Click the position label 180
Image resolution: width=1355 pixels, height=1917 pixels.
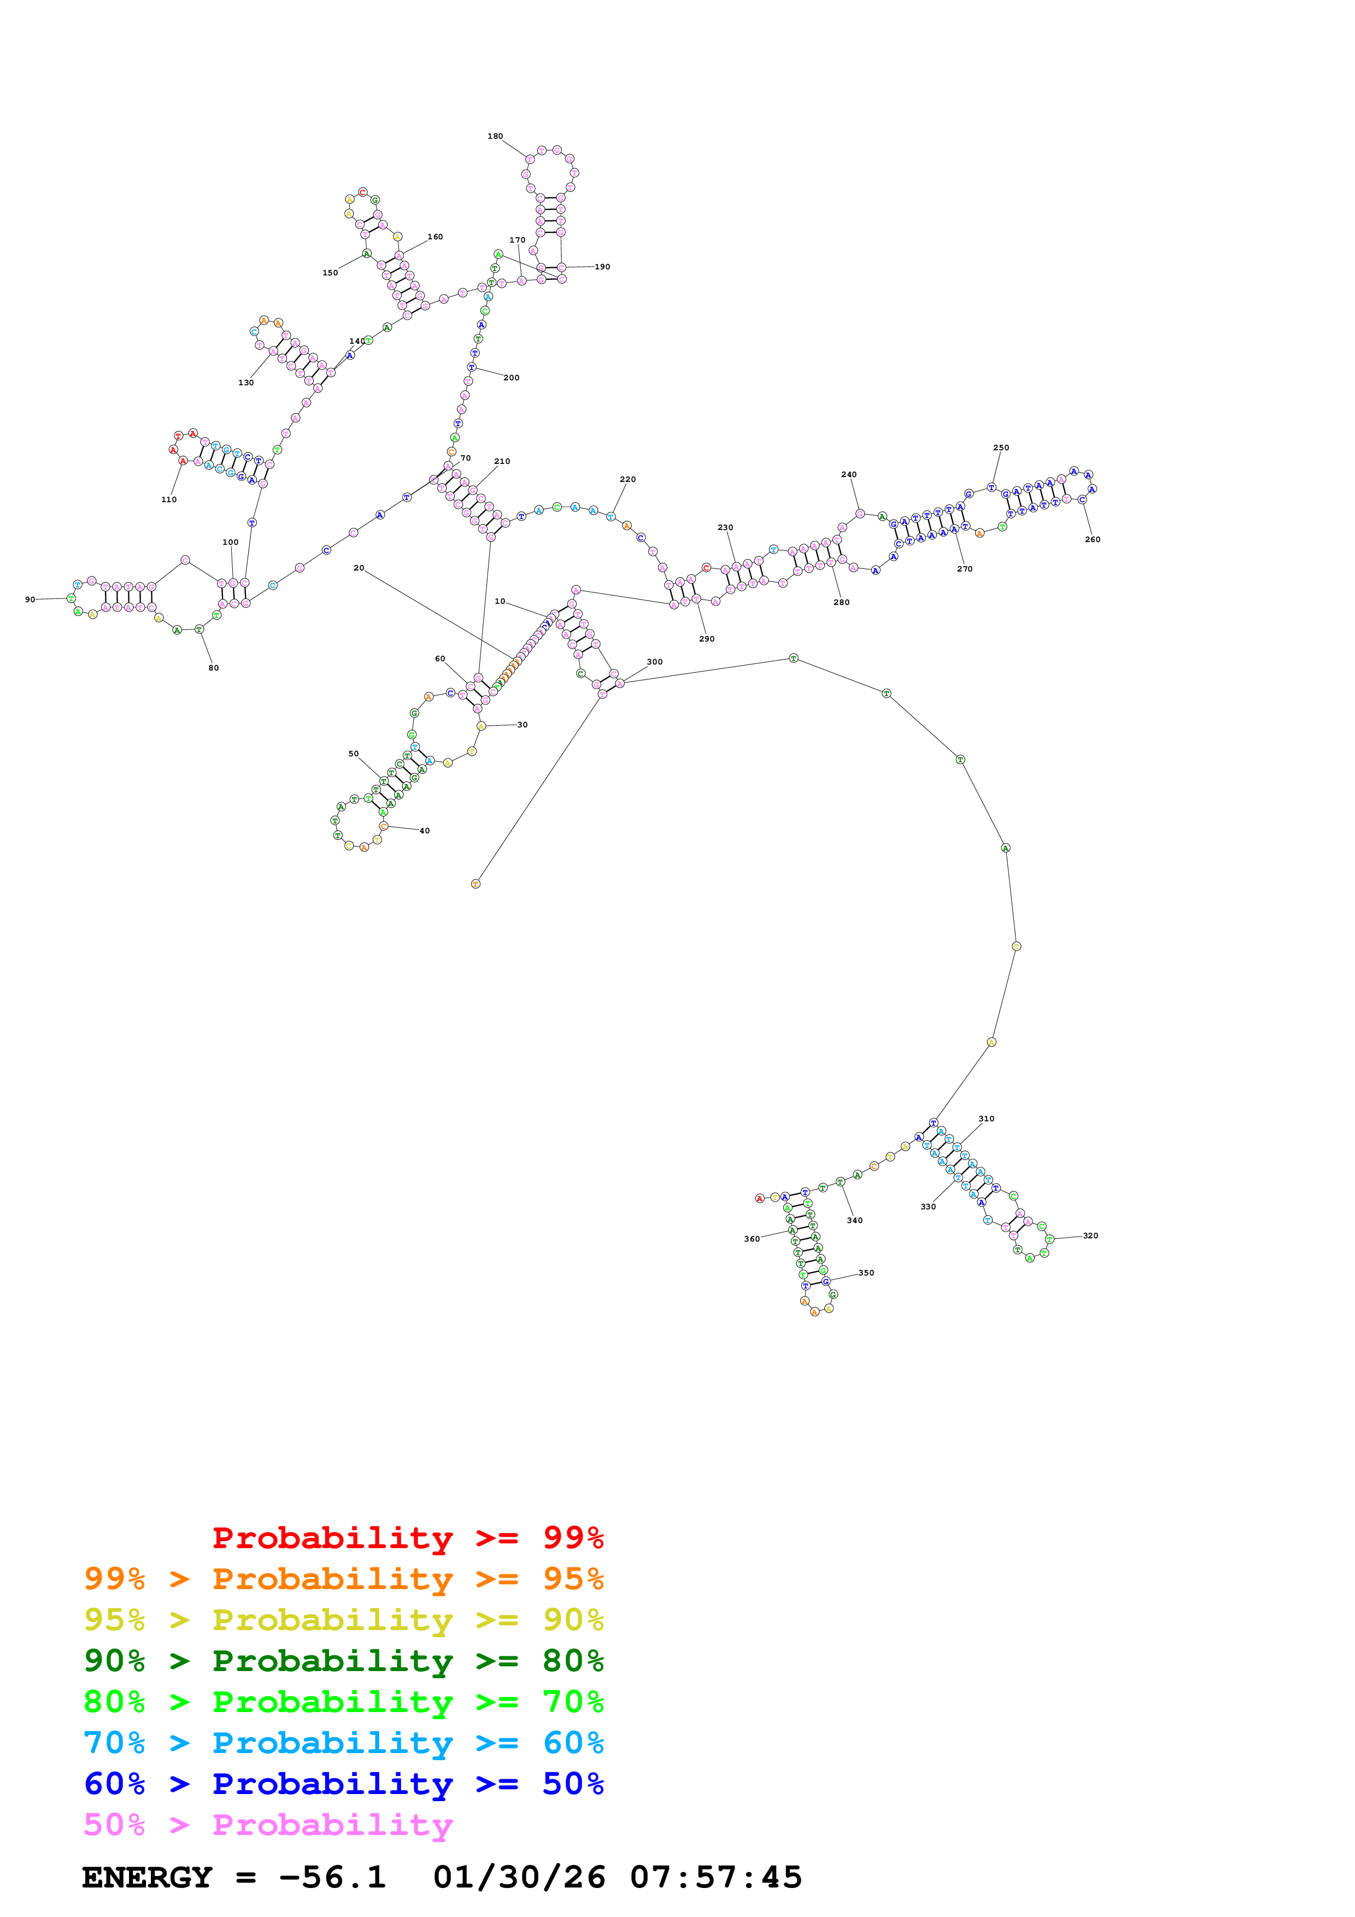(495, 136)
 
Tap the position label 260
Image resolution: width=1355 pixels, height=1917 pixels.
(1092, 539)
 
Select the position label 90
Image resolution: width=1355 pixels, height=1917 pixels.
(30, 599)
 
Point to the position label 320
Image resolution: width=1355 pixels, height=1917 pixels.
(1090, 1236)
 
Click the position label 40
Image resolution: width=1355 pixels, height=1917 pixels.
(424, 831)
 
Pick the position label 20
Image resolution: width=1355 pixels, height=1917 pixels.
(359, 568)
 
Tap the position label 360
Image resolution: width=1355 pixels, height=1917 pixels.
(752, 1239)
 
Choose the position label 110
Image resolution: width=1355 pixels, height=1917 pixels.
(169, 499)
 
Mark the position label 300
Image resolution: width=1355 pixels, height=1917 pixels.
(654, 662)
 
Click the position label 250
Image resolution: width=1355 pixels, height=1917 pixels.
(1001, 448)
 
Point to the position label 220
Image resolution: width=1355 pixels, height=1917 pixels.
(628, 479)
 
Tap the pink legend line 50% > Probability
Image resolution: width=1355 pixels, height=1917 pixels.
(268, 1825)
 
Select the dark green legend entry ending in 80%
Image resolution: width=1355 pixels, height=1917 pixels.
(343, 1661)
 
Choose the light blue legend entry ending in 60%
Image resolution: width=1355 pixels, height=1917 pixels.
(343, 1743)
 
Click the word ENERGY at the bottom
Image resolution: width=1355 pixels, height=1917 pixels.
(147, 1878)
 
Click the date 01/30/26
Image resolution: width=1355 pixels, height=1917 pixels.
(519, 1878)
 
